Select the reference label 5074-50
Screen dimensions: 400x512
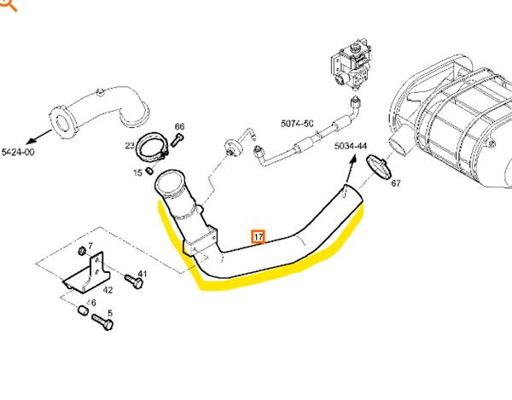(x=297, y=124)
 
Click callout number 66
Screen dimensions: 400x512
(x=179, y=127)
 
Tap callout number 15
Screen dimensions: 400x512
(x=137, y=172)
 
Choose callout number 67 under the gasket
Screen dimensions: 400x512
(x=395, y=183)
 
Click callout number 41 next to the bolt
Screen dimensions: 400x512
(x=143, y=274)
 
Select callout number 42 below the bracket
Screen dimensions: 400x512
(x=108, y=290)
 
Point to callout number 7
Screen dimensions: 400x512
(x=90, y=246)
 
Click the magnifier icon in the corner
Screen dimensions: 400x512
(x=7, y=5)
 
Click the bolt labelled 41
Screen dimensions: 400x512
(x=129, y=279)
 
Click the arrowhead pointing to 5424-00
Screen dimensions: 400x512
(x=32, y=138)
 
